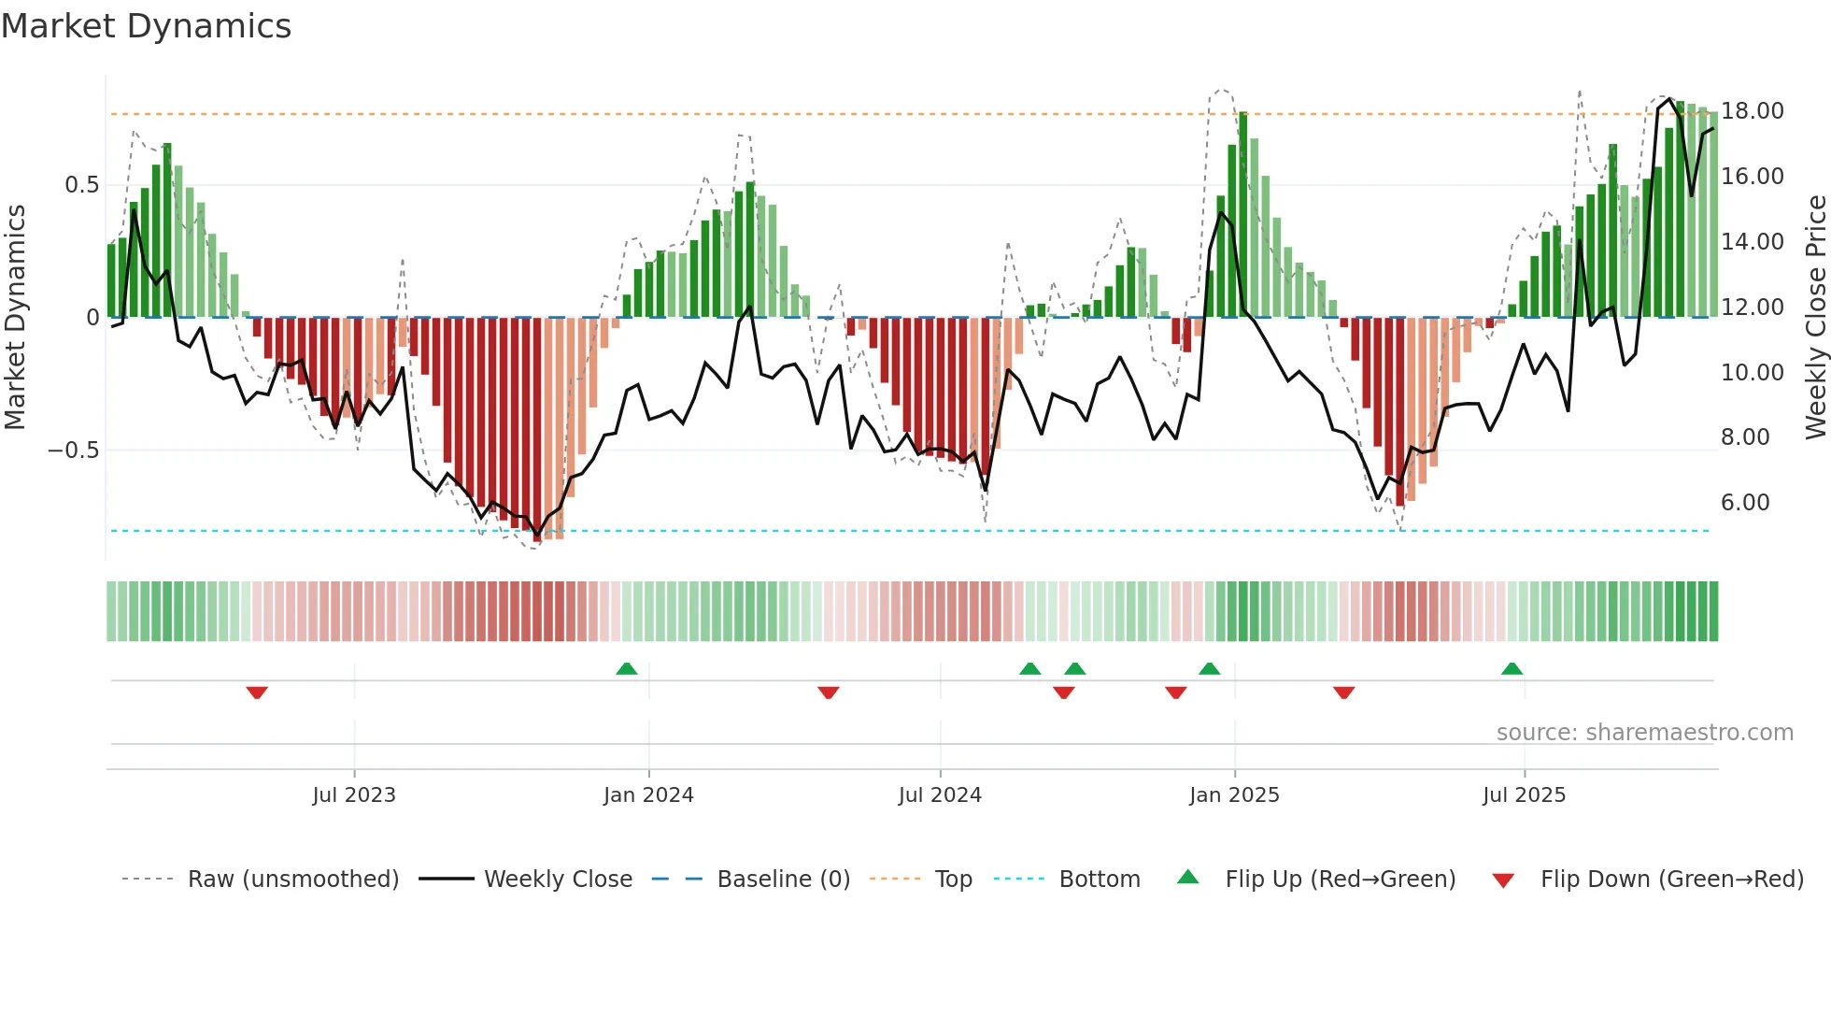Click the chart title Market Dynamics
[x=147, y=26]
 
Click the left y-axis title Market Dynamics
[x=16, y=318]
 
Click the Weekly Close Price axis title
[x=1815, y=318]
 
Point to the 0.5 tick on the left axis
[x=82, y=185]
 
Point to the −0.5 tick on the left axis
[x=74, y=451]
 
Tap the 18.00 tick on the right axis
[x=1752, y=111]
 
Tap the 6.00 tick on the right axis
[x=1745, y=503]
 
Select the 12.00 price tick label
[x=1752, y=308]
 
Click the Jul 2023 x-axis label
[x=354, y=795]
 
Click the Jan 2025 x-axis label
[x=1234, y=795]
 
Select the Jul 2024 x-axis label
[x=940, y=795]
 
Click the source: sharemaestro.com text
[x=1644, y=733]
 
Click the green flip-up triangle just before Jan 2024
[x=627, y=668]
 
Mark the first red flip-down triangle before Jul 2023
[x=257, y=693]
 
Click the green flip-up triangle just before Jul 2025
[x=1512, y=668]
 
